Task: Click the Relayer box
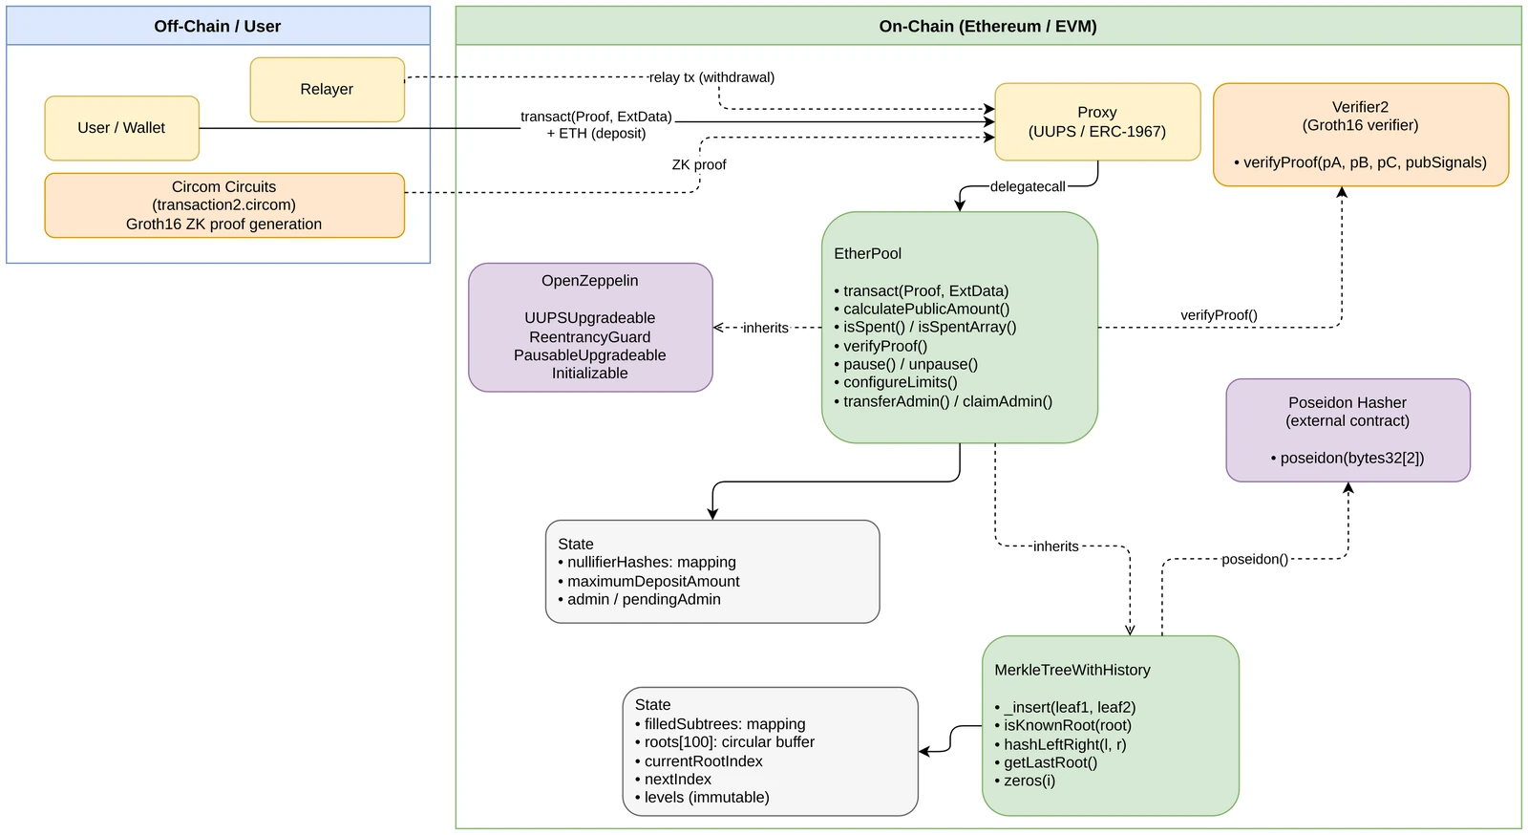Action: (x=327, y=90)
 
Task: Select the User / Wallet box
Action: (x=122, y=128)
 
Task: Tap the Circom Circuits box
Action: (x=224, y=205)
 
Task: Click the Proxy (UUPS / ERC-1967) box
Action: (x=1097, y=122)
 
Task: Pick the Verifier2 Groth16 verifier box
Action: (x=1360, y=135)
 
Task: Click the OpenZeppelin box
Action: (x=590, y=328)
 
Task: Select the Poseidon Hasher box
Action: (x=1348, y=431)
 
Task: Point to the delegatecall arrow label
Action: (x=1028, y=187)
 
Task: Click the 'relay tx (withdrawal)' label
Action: (x=711, y=77)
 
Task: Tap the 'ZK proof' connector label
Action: (x=699, y=165)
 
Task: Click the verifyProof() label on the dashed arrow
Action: (x=1219, y=315)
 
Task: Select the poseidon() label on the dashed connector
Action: (x=1255, y=560)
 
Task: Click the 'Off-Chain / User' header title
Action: (x=218, y=26)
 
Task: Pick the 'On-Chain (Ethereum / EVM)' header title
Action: (x=987, y=26)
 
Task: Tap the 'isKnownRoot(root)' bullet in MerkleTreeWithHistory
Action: (x=1063, y=726)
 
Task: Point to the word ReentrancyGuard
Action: (x=590, y=337)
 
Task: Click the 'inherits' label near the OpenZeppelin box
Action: (x=765, y=328)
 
